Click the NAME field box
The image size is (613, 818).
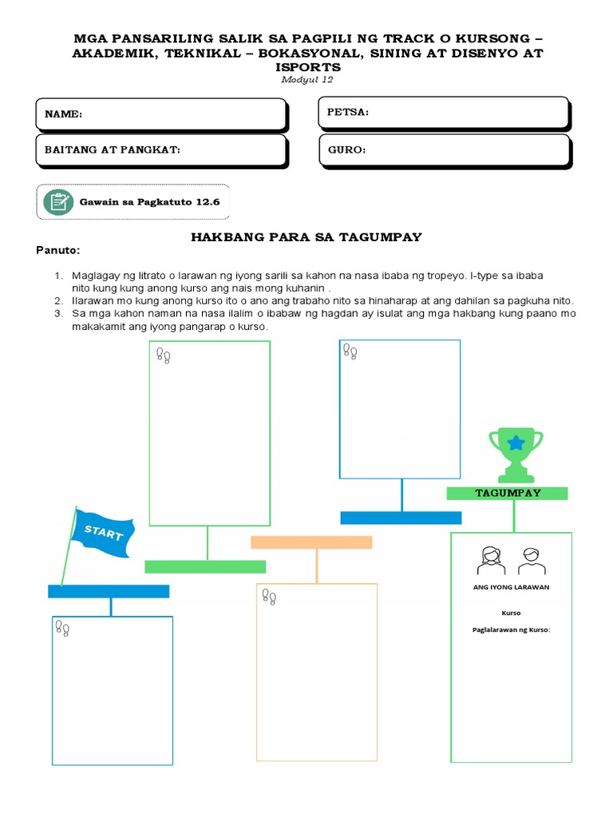point(160,114)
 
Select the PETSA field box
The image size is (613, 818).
point(444,113)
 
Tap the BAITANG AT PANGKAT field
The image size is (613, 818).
point(160,149)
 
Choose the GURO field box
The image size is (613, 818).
point(444,149)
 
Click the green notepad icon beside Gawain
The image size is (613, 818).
point(58,201)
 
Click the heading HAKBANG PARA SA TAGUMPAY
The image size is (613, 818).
point(306,237)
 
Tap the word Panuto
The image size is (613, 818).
point(58,250)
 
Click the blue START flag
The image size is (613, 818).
point(102,531)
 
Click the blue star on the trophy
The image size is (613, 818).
point(516,442)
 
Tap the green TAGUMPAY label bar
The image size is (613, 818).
point(508,493)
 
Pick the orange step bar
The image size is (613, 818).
point(311,542)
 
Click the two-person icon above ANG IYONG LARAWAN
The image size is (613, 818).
point(512,561)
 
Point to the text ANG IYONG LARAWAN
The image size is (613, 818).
point(512,587)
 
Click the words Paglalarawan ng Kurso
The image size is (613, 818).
point(512,630)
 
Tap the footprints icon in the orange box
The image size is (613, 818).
point(270,597)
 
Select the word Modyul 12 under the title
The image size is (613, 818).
point(306,79)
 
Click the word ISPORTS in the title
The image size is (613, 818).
point(306,68)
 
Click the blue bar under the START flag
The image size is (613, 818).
point(109,591)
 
